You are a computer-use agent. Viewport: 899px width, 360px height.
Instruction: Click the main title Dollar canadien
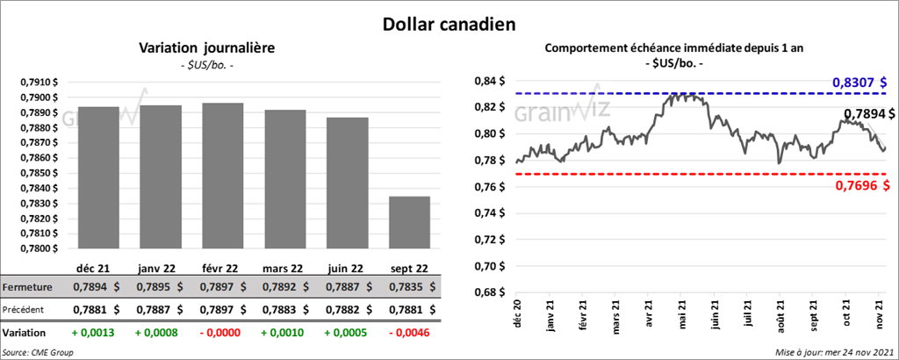[x=449, y=21]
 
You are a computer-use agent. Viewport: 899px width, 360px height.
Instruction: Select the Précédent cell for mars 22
[x=284, y=309]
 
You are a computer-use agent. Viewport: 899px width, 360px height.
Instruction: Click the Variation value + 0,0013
[x=94, y=333]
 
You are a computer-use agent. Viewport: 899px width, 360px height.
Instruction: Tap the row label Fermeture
[x=27, y=287]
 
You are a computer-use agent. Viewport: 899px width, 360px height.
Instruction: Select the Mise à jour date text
[x=834, y=352]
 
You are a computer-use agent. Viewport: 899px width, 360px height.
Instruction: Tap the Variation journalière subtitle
[x=207, y=47]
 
